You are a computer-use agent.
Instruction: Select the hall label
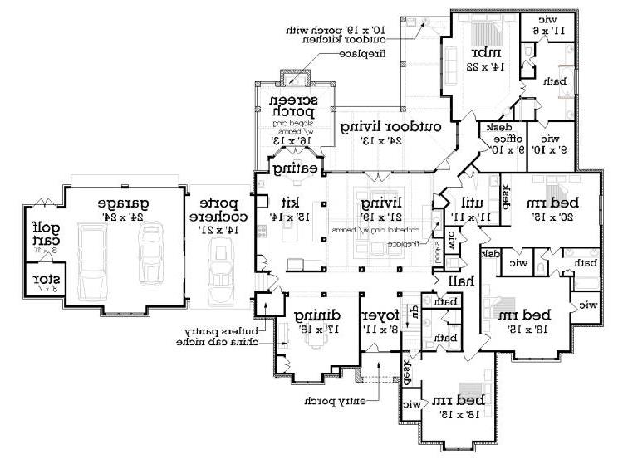coord(461,281)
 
